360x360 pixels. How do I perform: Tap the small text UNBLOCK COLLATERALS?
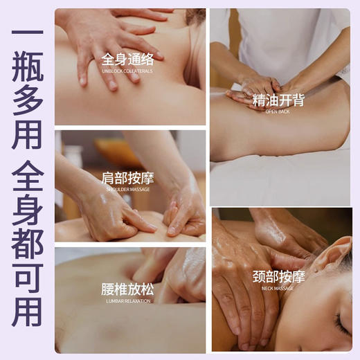pyautogui.click(x=127, y=71)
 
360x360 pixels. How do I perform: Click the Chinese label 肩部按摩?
pyautogui.click(x=127, y=178)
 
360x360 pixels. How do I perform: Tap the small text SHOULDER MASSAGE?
pyautogui.click(x=127, y=189)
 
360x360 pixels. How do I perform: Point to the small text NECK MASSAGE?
pyautogui.click(x=278, y=288)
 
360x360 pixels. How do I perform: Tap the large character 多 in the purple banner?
pyautogui.click(x=27, y=114)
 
